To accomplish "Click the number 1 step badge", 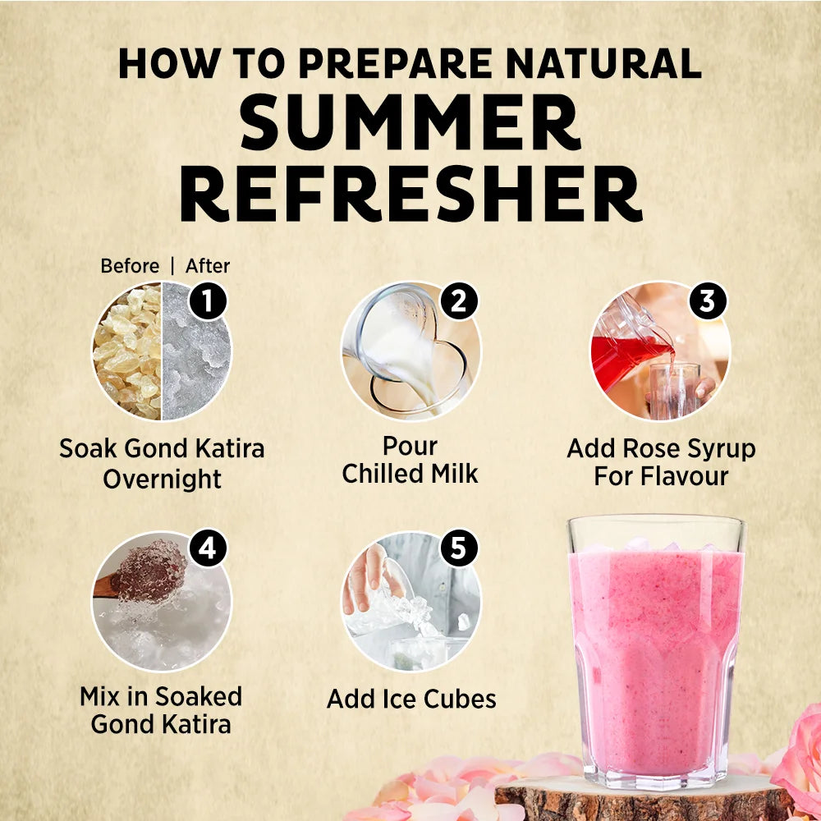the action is pyautogui.click(x=208, y=301).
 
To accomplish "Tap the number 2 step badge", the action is pyautogui.click(x=459, y=301).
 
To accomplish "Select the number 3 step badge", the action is pyautogui.click(x=708, y=301).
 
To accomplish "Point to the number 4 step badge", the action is pyautogui.click(x=208, y=548).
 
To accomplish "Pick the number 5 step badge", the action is pyautogui.click(x=459, y=548).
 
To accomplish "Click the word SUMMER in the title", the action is pyautogui.click(x=410, y=122).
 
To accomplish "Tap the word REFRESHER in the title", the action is pyautogui.click(x=411, y=193).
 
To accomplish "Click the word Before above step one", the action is pyautogui.click(x=130, y=266).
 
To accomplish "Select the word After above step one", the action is pyautogui.click(x=208, y=266).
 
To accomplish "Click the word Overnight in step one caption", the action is pyautogui.click(x=163, y=479).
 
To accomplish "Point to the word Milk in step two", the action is pyautogui.click(x=455, y=474).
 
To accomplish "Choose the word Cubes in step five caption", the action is pyautogui.click(x=460, y=699).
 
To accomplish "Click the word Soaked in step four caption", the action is pyautogui.click(x=199, y=696).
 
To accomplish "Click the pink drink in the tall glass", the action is pyautogui.click(x=655, y=660).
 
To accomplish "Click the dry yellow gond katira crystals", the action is pyautogui.click(x=127, y=351).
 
